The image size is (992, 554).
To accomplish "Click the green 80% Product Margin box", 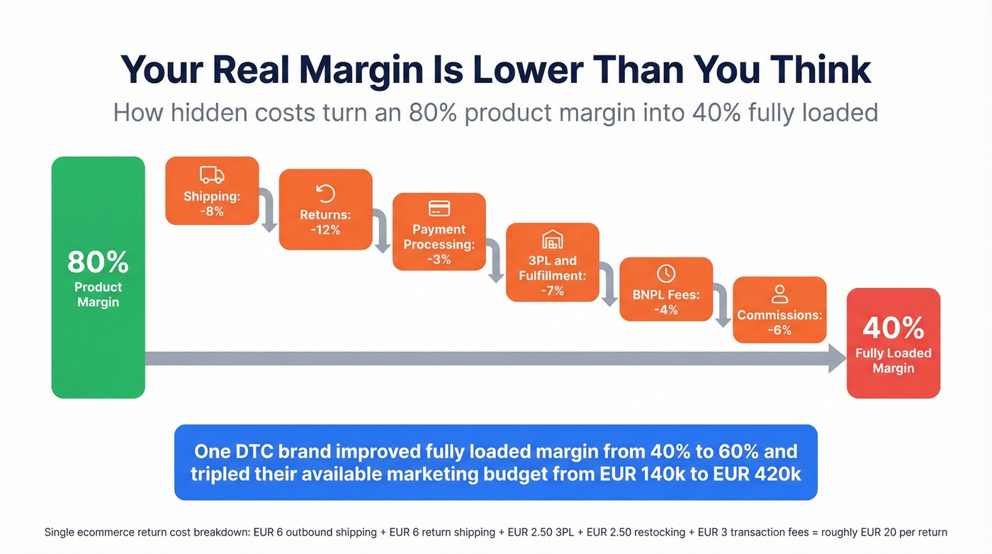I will coord(98,277).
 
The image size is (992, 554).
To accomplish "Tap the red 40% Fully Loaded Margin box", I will coord(893,343).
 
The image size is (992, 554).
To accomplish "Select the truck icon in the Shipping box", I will coord(212,175).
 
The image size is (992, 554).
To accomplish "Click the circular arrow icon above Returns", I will coord(325,193).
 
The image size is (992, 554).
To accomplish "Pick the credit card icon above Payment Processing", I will coord(439,209).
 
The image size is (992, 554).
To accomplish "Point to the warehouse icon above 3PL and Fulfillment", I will coord(552,240).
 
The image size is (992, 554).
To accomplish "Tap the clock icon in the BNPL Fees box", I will coord(666,273).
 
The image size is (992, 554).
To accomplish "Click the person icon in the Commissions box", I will coord(779,294).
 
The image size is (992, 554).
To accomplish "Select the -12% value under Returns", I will coord(325,230).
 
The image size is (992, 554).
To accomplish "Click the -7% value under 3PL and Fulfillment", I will coord(552,291).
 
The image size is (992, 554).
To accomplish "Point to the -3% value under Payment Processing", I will coord(439,260).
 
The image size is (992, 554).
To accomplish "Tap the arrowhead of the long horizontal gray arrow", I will coord(837,358).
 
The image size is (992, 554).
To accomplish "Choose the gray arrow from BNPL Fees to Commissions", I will coord(722,306).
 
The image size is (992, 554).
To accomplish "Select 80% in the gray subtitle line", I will coord(431,113).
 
